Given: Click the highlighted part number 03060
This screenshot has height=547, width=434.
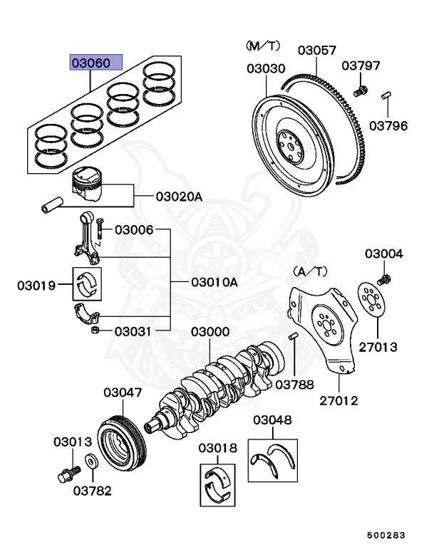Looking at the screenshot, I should pos(95,63).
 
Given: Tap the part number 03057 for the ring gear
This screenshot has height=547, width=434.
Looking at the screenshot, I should pos(316,51).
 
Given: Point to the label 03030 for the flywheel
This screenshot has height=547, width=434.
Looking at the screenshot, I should pos(266,69).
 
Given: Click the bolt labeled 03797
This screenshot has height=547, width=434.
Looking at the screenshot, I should pos(361,90).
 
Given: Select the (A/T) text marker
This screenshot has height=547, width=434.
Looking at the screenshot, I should pos(309,271).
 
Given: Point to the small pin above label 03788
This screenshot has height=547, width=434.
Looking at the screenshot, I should pos(293,337).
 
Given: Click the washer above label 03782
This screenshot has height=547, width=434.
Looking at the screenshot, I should pos(91,462).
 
